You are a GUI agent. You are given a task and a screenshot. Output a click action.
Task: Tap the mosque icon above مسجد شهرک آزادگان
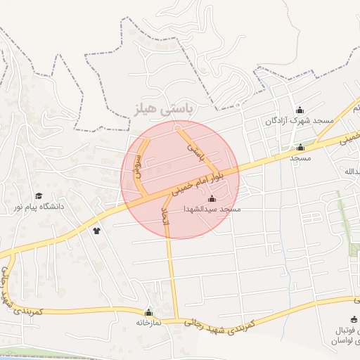pyautogui.click(x=300, y=110)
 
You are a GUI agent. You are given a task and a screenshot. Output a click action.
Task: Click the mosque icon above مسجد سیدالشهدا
pyautogui.click(x=212, y=199)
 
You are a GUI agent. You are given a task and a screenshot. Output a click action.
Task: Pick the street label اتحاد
pyautogui.click(x=166, y=217)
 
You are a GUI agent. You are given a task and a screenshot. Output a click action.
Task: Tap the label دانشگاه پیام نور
pyautogui.click(x=41, y=207)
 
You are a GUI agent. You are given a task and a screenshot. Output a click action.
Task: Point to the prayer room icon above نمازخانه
pyautogui.click(x=148, y=312)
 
